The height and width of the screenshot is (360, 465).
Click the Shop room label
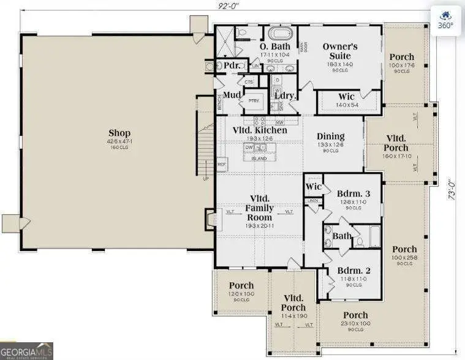(119, 133)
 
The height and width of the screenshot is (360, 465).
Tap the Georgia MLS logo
(27, 351)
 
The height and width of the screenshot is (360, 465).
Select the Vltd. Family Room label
(259, 208)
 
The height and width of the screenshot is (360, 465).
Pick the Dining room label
(330, 137)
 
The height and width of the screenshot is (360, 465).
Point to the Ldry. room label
(285, 96)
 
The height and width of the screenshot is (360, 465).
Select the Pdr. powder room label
(231, 66)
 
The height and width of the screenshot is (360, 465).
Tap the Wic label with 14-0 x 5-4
(347, 97)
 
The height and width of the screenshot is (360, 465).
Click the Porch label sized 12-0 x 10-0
(241, 286)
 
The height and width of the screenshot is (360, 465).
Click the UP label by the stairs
(205, 179)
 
